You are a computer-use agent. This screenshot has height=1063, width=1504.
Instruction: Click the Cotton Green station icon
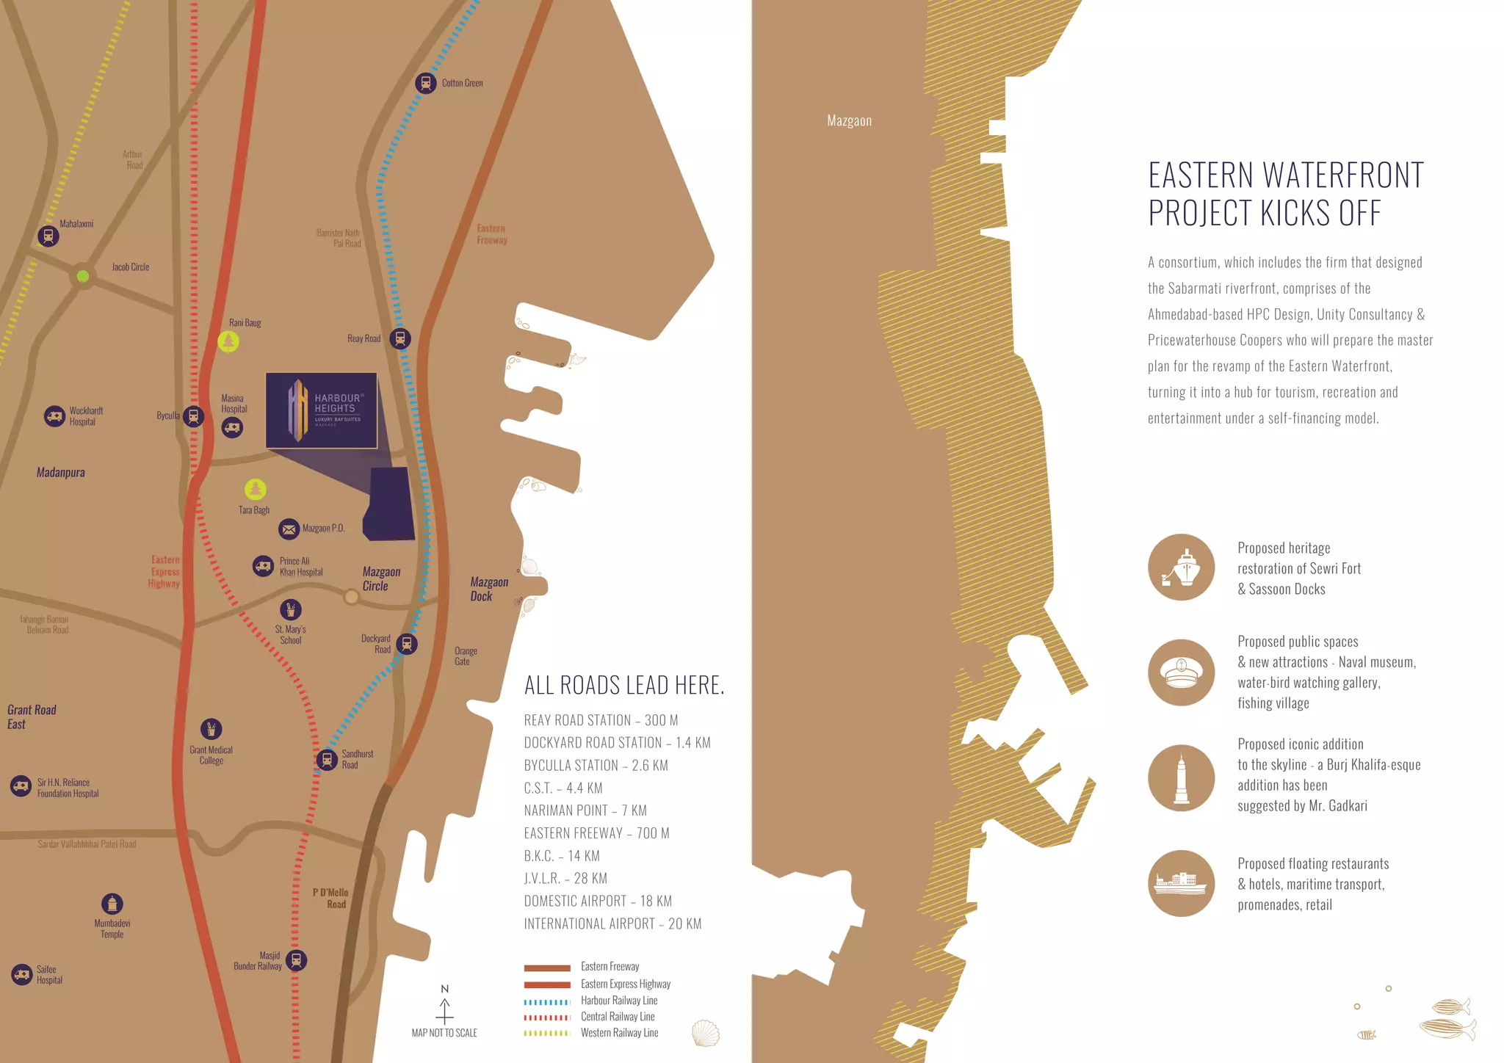425,83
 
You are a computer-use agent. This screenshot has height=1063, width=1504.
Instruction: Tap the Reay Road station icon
400,338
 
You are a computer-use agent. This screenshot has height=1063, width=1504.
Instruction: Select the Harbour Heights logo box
322,410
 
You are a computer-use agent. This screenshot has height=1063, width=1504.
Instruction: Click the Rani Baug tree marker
228,341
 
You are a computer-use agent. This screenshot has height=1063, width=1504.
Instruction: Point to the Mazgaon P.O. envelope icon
289,529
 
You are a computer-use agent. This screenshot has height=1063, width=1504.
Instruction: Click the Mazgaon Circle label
381,578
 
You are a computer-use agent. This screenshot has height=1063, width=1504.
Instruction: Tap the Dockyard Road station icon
407,644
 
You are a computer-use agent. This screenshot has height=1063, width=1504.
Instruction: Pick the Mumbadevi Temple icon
112,904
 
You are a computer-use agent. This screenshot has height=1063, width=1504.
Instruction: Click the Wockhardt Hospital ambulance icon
54,416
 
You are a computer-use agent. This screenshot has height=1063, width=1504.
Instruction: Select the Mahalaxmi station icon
48,236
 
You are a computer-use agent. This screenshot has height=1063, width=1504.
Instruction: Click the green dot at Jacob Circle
83,276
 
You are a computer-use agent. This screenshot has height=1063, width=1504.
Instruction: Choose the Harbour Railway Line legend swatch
547,1001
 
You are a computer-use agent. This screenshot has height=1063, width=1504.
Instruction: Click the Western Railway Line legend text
619,1033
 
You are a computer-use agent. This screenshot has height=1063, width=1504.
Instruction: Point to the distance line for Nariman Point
585,810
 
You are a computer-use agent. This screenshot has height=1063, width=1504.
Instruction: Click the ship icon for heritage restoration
1182,567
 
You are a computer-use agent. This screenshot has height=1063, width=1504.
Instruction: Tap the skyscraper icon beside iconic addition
1182,777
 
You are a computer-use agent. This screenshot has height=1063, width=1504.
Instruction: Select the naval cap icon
1182,672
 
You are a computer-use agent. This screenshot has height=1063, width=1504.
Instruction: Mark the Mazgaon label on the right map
849,121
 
